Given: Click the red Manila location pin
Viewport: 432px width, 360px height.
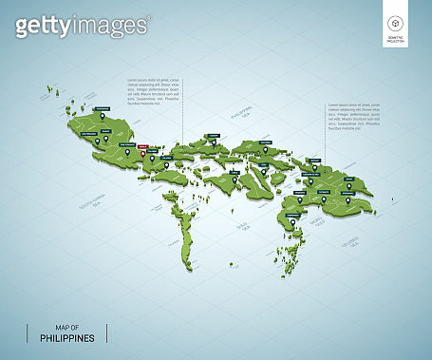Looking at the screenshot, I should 142,155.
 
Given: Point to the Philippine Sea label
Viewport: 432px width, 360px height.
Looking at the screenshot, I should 231,117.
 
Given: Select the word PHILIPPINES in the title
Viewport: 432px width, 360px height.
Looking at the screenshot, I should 66,337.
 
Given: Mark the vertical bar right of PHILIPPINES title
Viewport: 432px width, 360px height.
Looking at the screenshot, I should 107,332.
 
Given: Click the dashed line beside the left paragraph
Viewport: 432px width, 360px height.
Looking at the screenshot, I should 183,104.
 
